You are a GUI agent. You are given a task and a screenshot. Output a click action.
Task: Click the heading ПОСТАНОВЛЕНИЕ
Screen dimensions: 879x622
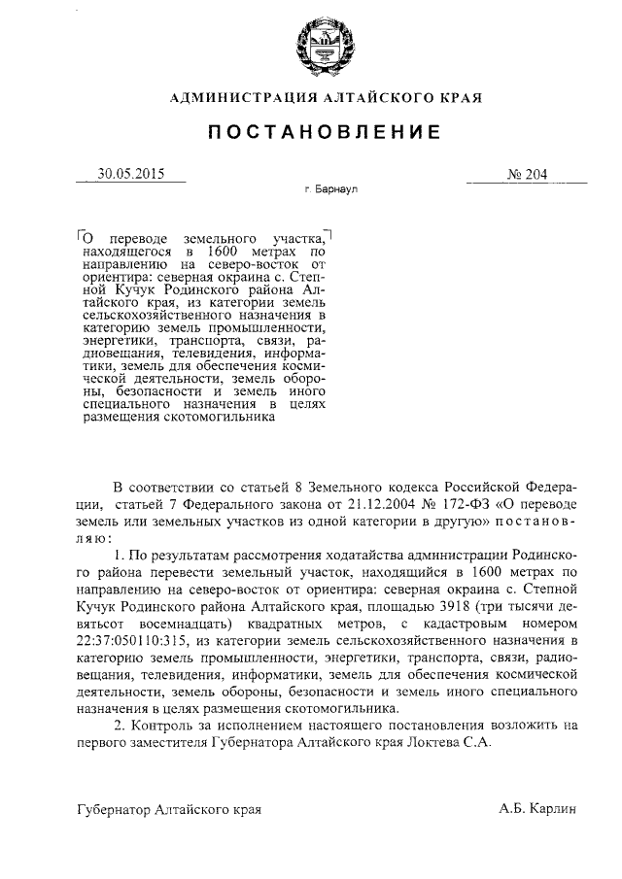311,130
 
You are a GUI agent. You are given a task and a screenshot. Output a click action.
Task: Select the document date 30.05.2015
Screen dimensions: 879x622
130,175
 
